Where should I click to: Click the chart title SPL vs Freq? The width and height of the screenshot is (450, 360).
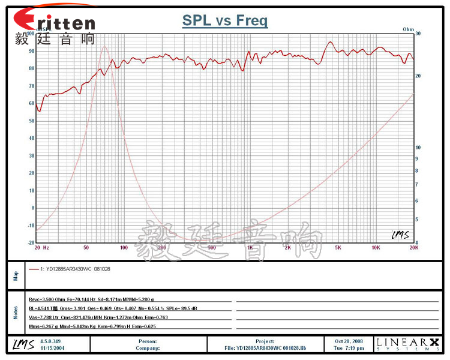[x=225, y=21]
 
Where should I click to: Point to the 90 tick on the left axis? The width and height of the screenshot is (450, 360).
[x=32, y=51]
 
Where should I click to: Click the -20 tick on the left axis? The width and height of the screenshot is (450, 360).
[x=31, y=243]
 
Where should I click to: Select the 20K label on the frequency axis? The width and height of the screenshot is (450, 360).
[x=413, y=247]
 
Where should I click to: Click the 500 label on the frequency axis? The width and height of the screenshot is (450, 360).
[x=211, y=247]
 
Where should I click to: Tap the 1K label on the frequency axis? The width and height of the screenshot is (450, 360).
[x=250, y=247]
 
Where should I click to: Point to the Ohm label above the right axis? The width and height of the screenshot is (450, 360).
[x=409, y=29]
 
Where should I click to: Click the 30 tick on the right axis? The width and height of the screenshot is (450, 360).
[x=418, y=34]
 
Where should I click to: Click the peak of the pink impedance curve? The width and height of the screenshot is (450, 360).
[x=104, y=46]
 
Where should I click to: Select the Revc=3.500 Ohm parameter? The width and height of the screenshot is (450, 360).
[x=43, y=299]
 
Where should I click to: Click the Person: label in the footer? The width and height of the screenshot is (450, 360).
[x=147, y=341]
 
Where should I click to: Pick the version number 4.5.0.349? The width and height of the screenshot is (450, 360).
[x=50, y=341]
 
